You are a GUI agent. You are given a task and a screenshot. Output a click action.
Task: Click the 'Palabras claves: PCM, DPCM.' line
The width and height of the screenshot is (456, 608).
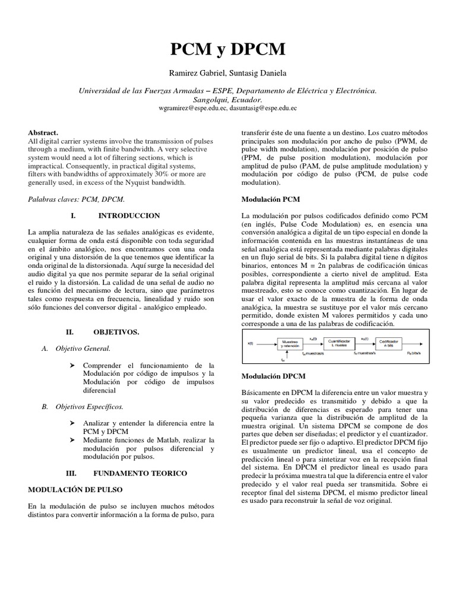tap(77, 201)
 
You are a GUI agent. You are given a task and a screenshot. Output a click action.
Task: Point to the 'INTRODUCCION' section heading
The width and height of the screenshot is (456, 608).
tap(129, 215)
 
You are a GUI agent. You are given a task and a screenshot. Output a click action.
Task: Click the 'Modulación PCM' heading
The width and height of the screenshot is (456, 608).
tap(268, 199)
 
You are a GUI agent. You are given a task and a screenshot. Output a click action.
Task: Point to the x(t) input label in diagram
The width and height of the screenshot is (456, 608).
tap(251, 343)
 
